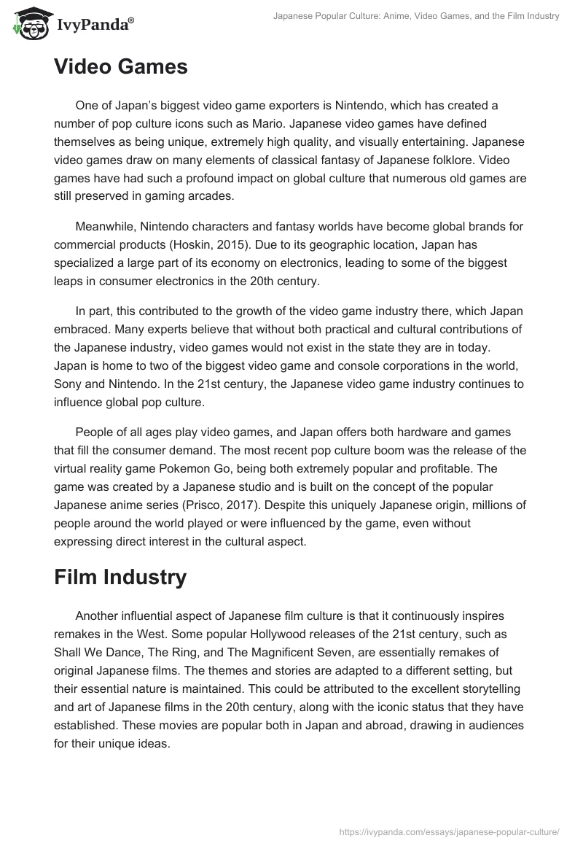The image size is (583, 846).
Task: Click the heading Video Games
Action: [x=120, y=67]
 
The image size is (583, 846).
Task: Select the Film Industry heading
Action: [x=120, y=578]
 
